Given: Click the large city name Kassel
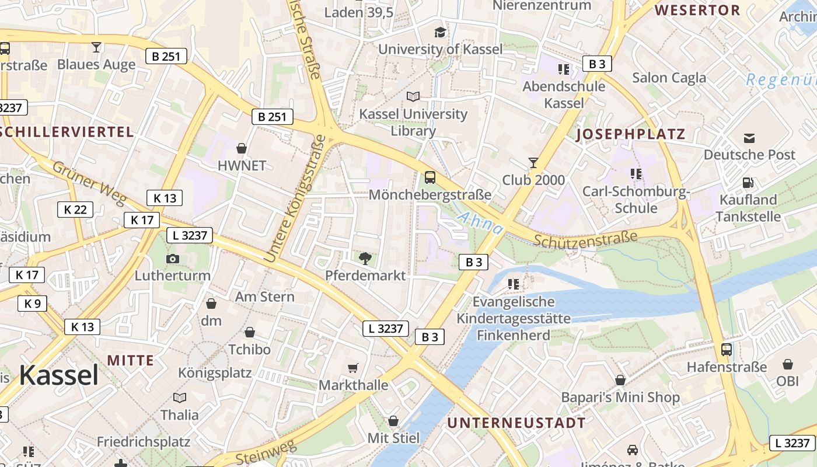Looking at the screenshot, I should pos(58,375).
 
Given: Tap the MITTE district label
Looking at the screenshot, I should pos(130,360).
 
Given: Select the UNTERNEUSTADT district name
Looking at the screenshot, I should pos(516,423).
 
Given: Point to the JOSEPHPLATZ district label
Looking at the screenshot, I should pos(630,135).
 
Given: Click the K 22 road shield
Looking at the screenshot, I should pos(75,210).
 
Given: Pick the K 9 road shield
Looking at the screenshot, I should pos(33,304).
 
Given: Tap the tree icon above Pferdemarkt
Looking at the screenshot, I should pos(365,257).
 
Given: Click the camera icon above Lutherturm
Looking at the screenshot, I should pos(173,259).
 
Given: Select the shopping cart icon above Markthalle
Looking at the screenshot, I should pos(353,368).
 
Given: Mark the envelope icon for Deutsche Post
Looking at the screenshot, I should pos(749,138).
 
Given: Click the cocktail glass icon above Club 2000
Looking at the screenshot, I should pos(533,163).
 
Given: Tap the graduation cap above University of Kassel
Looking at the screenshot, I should pos(440,32).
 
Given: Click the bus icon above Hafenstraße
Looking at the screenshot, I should pos(727,350).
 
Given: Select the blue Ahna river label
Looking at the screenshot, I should pos(480,224).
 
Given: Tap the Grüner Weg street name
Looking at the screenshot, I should pos(89,183).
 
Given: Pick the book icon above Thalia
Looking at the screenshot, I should pos(180,398).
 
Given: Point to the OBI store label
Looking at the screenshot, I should pos(787,381).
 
